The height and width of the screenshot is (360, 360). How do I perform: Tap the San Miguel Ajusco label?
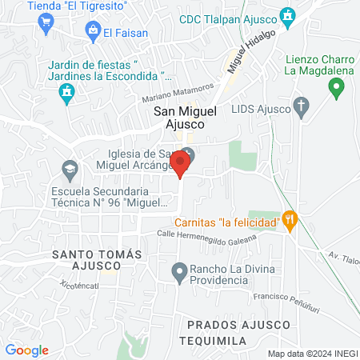click(x=180, y=119)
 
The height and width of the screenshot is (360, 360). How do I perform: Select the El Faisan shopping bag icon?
click(x=94, y=31)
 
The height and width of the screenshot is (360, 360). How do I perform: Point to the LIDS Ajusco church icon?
click(x=302, y=105)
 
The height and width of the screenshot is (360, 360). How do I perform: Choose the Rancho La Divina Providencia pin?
click(x=180, y=273)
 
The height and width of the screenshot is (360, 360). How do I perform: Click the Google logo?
click(x=26, y=350)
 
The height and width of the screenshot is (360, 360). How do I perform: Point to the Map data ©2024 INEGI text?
click(x=311, y=354)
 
